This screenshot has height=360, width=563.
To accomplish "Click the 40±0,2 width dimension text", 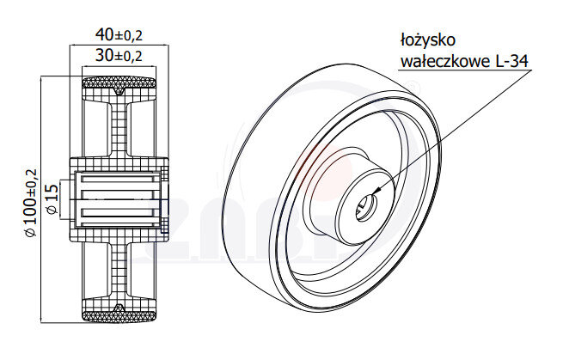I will pos(119,35).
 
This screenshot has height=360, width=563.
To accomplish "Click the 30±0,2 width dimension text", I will pos(119,56).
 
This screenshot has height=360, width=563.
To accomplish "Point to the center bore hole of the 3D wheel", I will pos(368,203).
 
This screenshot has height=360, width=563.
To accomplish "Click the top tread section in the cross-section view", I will pos(119,85).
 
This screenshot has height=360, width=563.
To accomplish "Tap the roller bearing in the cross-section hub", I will pos(119,199).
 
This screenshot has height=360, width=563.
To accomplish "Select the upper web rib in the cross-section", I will pos(119,129).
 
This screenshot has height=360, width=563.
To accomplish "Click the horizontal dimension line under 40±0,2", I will pos(119,46).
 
